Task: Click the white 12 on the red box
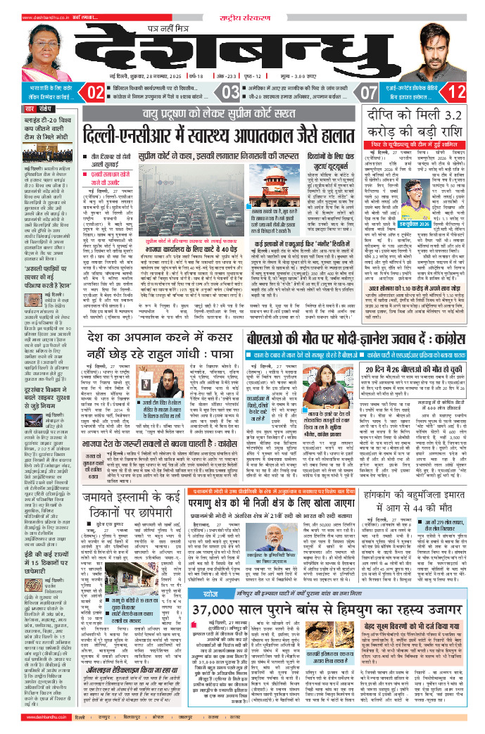457,91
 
